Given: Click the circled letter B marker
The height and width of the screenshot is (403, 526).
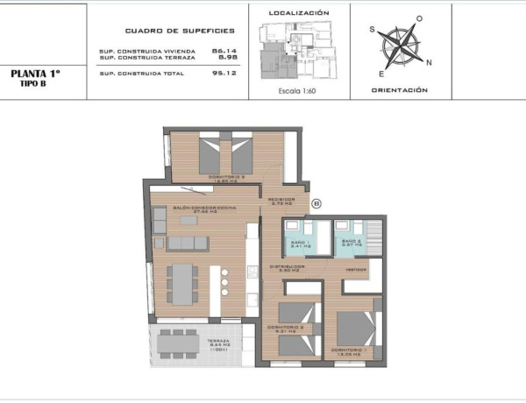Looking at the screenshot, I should [x=317, y=203].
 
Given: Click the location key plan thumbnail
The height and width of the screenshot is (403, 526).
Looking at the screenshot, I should [x=297, y=47].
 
